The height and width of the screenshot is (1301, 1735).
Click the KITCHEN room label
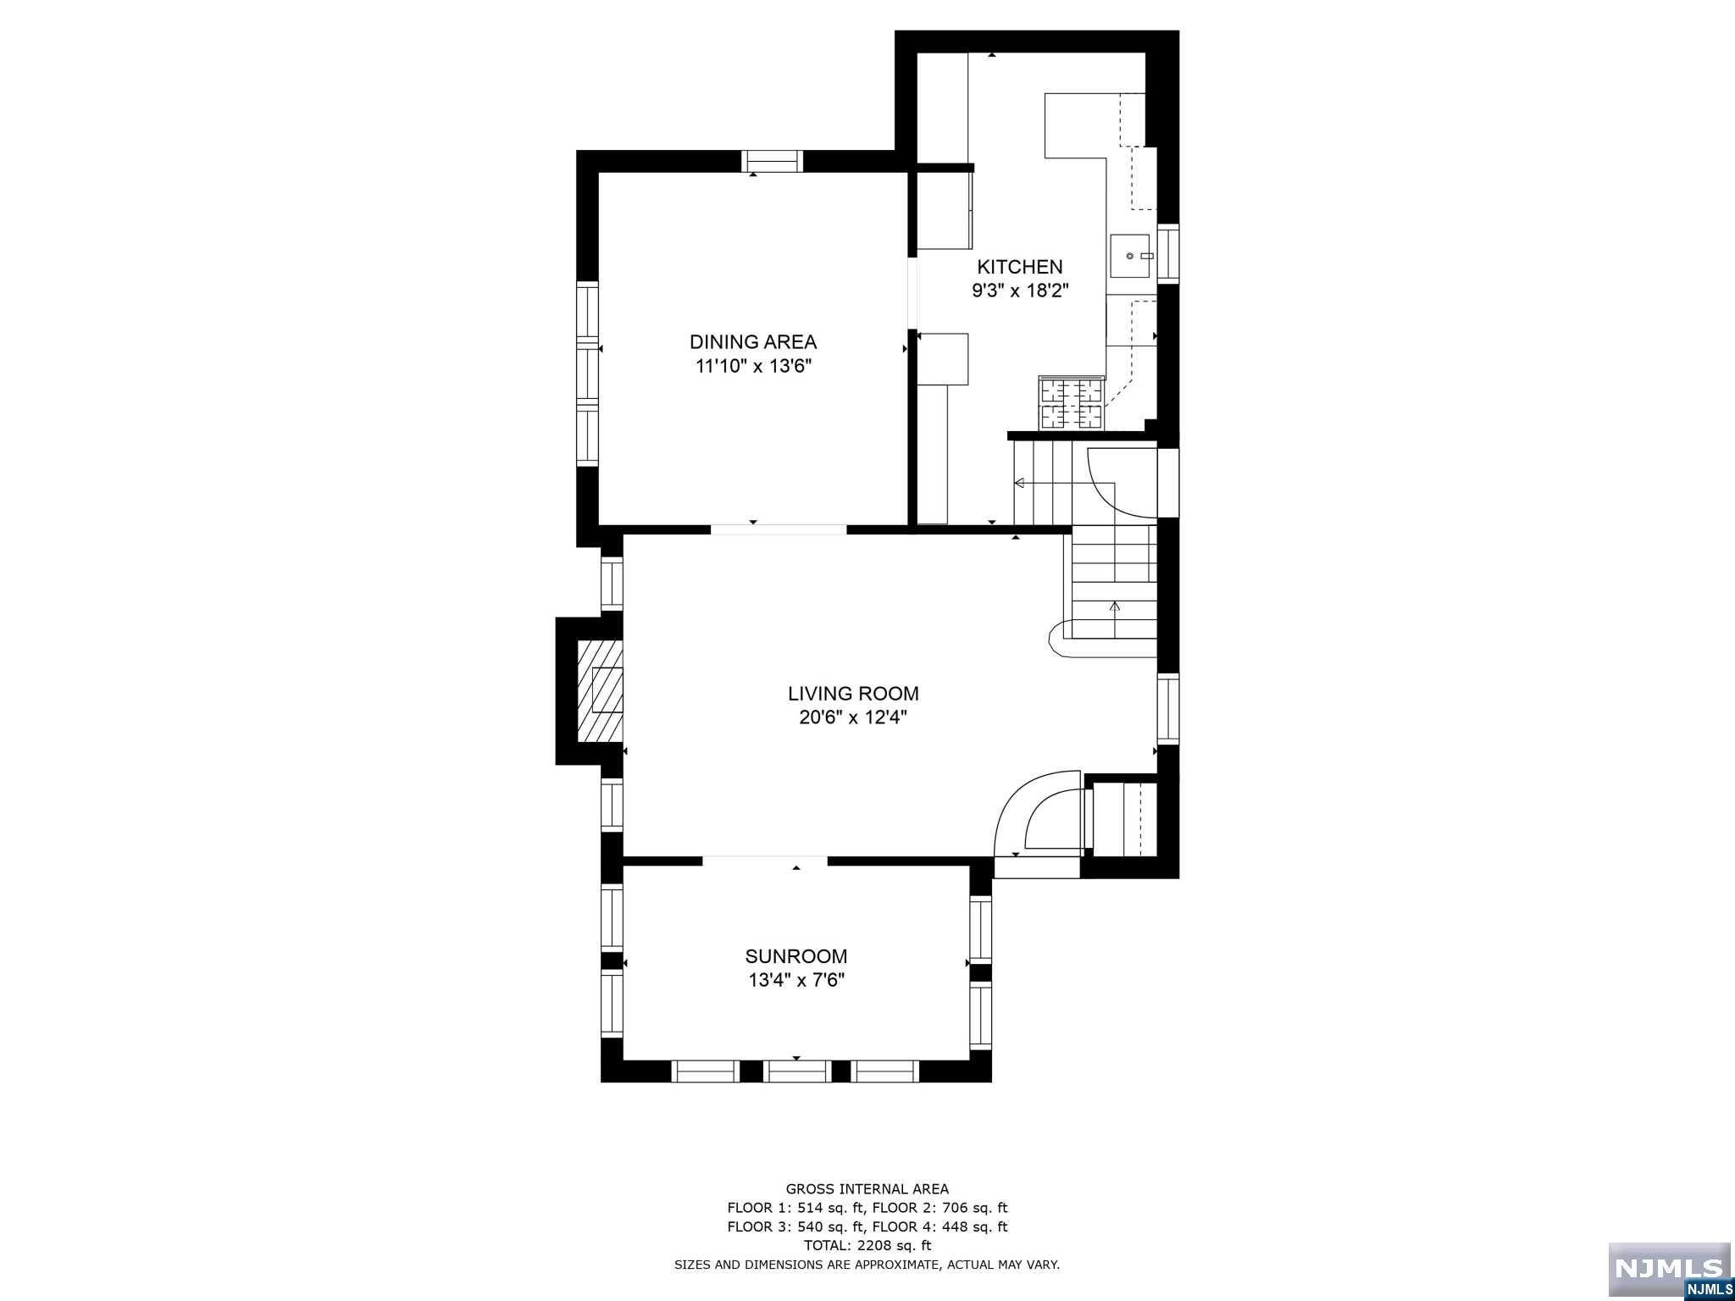click(1020, 267)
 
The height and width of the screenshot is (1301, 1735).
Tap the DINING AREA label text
click(753, 342)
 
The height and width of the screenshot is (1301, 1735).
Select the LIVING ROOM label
click(853, 694)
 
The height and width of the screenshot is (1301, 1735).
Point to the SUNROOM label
click(796, 956)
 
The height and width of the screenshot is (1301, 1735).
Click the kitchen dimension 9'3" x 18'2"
click(1020, 291)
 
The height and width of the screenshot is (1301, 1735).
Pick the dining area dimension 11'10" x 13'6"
click(753, 366)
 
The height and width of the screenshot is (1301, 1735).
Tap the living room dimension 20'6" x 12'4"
click(853, 717)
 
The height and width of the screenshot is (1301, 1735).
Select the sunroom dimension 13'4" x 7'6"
click(796, 981)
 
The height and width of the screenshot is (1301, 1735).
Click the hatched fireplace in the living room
click(600, 690)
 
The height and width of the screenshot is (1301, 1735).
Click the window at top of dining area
click(771, 161)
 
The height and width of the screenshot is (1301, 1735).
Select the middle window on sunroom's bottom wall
click(796, 1071)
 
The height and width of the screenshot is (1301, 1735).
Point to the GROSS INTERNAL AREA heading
click(867, 1189)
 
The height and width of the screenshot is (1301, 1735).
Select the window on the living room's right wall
click(1168, 709)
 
